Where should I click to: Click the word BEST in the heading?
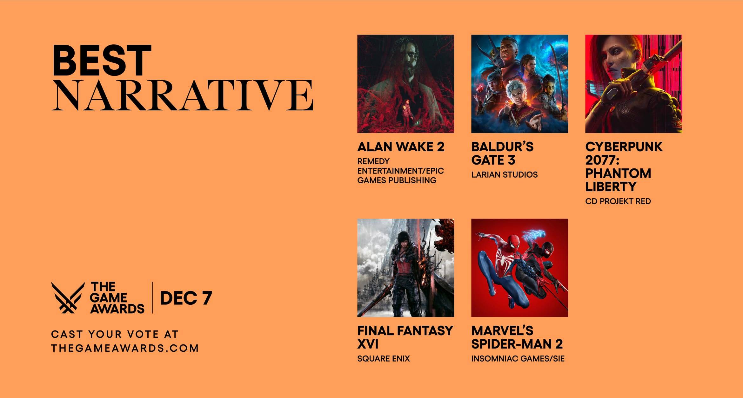(102, 60)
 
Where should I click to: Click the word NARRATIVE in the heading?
(183, 95)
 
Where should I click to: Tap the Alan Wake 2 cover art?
(405, 84)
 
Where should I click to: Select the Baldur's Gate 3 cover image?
(519, 84)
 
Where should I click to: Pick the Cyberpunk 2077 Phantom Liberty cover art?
(633, 84)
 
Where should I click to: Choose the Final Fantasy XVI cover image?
(405, 268)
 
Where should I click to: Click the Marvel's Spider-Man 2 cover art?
(519, 268)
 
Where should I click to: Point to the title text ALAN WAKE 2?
(401, 147)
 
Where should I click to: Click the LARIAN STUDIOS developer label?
(504, 175)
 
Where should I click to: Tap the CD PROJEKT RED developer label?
(618, 201)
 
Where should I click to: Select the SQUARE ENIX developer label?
(383, 359)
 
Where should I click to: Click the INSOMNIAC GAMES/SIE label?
(518, 359)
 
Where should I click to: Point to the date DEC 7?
(186, 298)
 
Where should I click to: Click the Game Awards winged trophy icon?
(68, 297)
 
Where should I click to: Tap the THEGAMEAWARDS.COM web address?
(125, 348)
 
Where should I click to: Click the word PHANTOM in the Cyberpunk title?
(618, 173)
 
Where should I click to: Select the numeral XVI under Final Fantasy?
(368, 344)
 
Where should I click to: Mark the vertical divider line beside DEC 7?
(152, 297)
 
